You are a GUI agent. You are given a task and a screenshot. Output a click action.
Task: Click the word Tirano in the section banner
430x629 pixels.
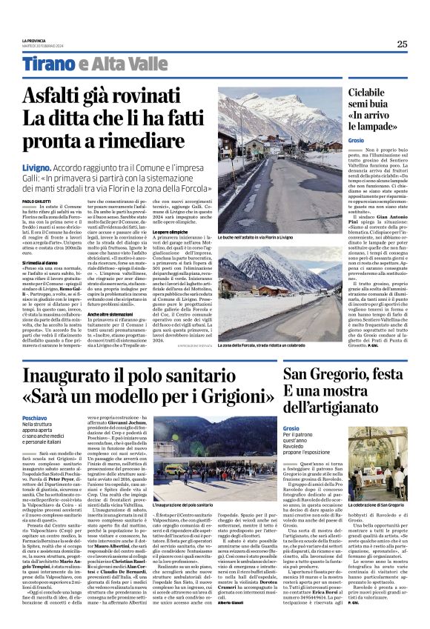click(x=48, y=64)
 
